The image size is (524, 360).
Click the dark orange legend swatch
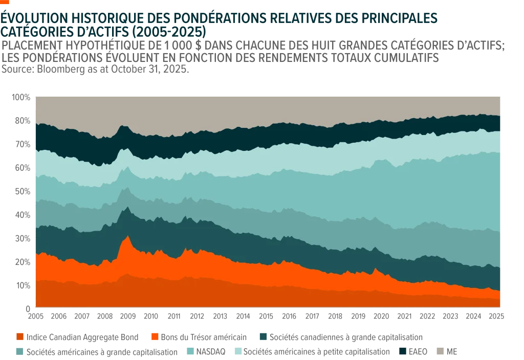tap(20, 337)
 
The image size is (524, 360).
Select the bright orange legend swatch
tap(156, 337)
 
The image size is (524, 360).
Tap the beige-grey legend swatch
tap(439, 351)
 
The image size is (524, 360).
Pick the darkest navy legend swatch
tap(402, 351)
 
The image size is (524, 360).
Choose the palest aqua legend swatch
tap(238, 351)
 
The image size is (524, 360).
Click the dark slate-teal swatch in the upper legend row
tap(264, 337)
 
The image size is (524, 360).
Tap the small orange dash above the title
tap(6, 2)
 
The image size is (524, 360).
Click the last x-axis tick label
tap(497, 316)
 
